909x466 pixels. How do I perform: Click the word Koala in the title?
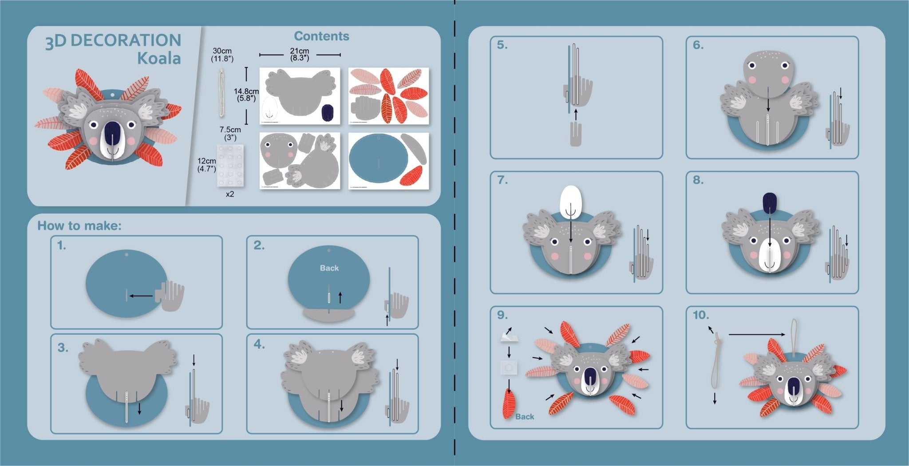pyautogui.click(x=159, y=59)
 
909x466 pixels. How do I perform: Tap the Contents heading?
pyautogui.click(x=321, y=36)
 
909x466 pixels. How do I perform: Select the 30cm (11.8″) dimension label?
pyautogui.click(x=222, y=55)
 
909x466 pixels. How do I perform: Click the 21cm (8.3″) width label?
pyautogui.click(x=300, y=54)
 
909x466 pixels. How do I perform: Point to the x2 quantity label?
pyautogui.click(x=229, y=194)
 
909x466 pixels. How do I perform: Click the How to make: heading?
pyautogui.click(x=79, y=225)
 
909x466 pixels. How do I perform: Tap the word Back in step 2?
pyautogui.click(x=329, y=268)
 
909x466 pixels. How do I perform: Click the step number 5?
pyautogui.click(x=502, y=45)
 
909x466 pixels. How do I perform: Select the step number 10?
pyautogui.click(x=701, y=315)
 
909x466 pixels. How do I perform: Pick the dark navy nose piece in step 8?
pyautogui.click(x=770, y=202)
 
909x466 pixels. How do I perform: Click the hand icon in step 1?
pyautogui.click(x=171, y=295)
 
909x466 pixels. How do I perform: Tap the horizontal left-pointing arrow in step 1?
pyautogui.click(x=141, y=296)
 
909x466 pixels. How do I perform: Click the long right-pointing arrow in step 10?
pyautogui.click(x=756, y=334)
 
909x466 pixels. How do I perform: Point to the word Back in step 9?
pyautogui.click(x=525, y=417)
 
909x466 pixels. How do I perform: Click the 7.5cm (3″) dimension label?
pyautogui.click(x=230, y=133)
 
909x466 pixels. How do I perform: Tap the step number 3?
pyautogui.click(x=63, y=348)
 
